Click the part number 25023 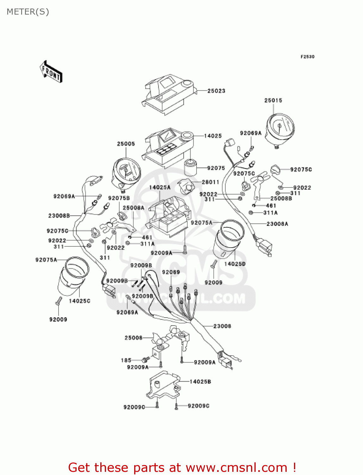pyautogui.click(x=216, y=91)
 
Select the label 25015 pyautogui.click(x=273, y=100)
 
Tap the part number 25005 pyautogui.click(x=126, y=144)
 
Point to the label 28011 pyautogui.click(x=210, y=182)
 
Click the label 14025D pyautogui.click(x=235, y=264)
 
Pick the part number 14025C pyautogui.click(x=79, y=301)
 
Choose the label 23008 pyautogui.click(x=222, y=326)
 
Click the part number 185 pyautogui.click(x=126, y=360)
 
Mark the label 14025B pyautogui.click(x=200, y=382)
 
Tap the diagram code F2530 pyautogui.click(x=307, y=57)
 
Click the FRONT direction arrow pyautogui.click(x=51, y=72)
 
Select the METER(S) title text pyautogui.click(x=28, y=12)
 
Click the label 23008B pyautogui.click(x=59, y=216)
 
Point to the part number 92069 pyautogui.click(x=171, y=272)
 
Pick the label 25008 pyautogui.click(x=134, y=338)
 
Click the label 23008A pyautogui.click(x=277, y=224)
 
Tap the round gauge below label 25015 pyautogui.click(x=280, y=129)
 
